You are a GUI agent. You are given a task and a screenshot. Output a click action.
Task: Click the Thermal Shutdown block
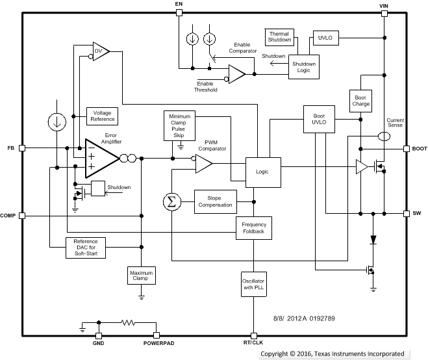click(280, 38)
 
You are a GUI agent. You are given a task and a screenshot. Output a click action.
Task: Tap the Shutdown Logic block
click(304, 68)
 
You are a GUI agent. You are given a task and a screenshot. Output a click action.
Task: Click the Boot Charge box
click(360, 101)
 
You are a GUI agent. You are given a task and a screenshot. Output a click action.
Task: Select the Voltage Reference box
click(103, 116)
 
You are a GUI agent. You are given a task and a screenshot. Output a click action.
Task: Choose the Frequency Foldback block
click(253, 227)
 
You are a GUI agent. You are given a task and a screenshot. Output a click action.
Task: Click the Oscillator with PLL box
click(253, 285)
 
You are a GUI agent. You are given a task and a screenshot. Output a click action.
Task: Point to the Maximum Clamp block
click(142, 276)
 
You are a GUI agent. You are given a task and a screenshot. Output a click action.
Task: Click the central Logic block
click(262, 171)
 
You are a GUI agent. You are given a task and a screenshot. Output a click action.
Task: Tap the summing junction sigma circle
click(171, 201)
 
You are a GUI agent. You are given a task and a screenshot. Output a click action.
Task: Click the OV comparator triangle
click(99, 50)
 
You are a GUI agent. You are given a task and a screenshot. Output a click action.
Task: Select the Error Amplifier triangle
click(101, 158)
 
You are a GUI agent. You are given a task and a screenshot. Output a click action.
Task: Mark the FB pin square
click(22, 148)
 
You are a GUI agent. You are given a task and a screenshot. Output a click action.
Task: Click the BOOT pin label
click(419, 148)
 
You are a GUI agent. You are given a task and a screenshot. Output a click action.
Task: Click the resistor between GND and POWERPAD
click(127, 322)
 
